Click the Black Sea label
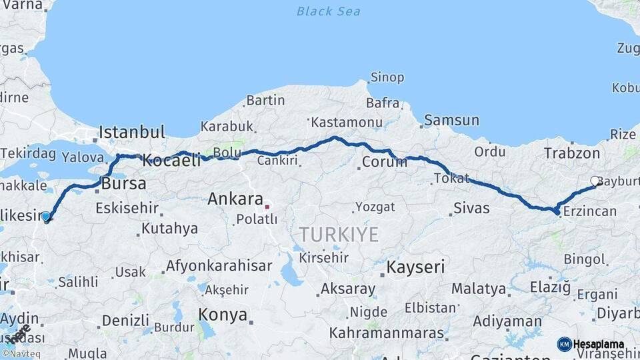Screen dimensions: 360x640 tap(328, 11)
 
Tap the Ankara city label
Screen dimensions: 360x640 tap(235, 199)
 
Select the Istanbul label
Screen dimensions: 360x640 tap(131, 132)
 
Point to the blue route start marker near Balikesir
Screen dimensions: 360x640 tap(45, 216)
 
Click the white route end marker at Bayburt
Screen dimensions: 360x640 tap(595, 181)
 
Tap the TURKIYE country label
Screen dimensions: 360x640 tap(339, 235)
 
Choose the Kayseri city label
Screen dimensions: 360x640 tap(415, 267)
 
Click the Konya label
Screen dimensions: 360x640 tap(223, 315)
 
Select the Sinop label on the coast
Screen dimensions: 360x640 tap(387, 78)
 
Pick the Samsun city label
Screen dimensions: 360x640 tap(452, 121)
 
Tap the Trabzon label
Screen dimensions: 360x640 tap(572, 153)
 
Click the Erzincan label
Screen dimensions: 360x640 tap(589, 211)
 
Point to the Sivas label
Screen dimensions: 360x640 tap(471, 208)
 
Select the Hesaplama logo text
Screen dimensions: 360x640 tap(599, 344)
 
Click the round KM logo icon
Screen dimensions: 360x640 tap(565, 344)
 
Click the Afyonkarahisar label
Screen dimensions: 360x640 tap(219, 265)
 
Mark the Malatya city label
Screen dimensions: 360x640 tap(478, 289)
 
